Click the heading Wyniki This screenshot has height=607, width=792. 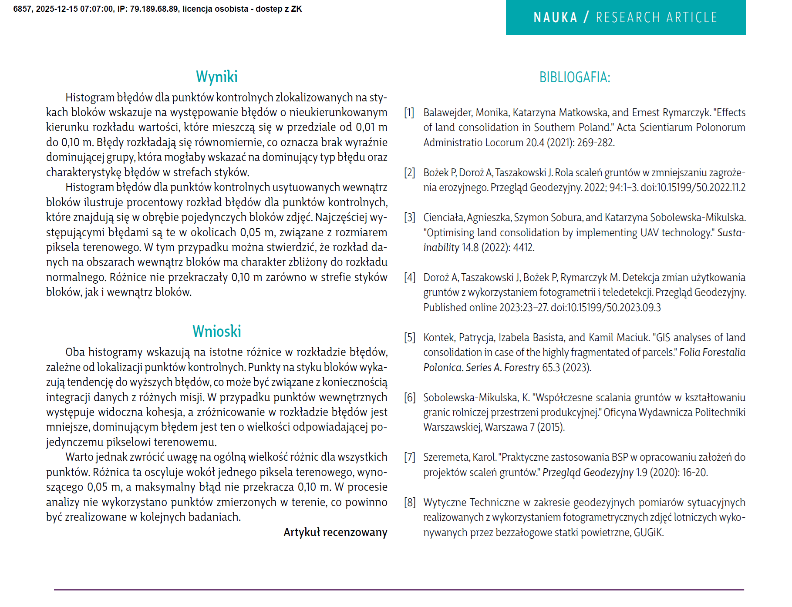[x=216, y=77]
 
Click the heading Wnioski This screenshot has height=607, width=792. [x=216, y=332]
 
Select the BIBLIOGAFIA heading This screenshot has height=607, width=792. [x=574, y=77]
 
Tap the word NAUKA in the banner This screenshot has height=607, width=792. [x=555, y=17]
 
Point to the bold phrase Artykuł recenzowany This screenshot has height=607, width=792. [x=335, y=532]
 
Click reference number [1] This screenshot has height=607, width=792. [x=409, y=113]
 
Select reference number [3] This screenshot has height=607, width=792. [x=409, y=218]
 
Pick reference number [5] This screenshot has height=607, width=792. [x=409, y=338]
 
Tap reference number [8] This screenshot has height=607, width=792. [x=409, y=503]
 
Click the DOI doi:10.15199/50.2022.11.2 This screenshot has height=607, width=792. [x=693, y=188]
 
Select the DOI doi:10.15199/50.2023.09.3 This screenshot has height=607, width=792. [x=606, y=308]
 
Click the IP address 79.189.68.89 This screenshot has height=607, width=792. [x=154, y=9]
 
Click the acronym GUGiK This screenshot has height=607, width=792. [x=648, y=533]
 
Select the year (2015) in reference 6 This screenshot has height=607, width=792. [x=551, y=427]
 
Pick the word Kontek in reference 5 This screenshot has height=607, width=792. [x=439, y=338]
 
